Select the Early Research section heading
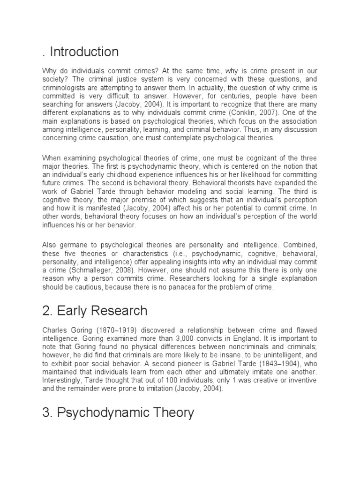pyautogui.click(x=95, y=310)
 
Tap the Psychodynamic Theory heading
pyautogui.click(x=118, y=412)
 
